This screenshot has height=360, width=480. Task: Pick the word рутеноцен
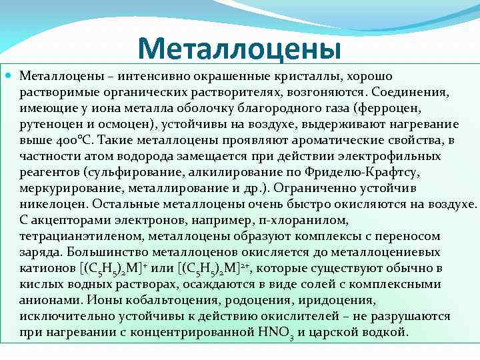(x=47, y=125)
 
